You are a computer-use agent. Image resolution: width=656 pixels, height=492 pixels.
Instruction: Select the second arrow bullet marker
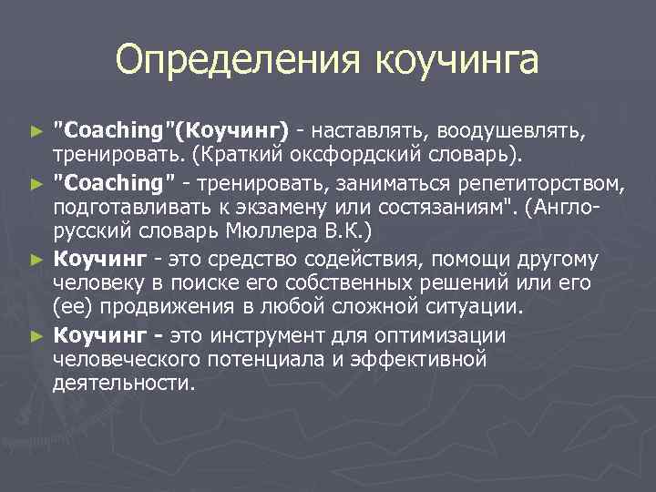[x=36, y=186]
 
